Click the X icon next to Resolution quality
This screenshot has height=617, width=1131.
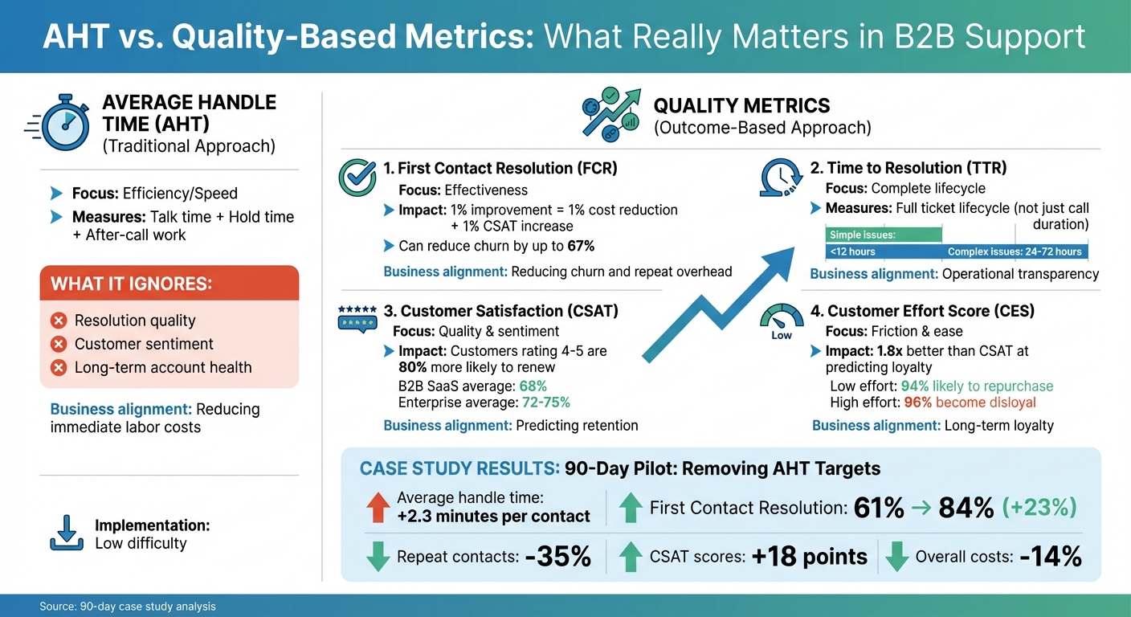click(58, 321)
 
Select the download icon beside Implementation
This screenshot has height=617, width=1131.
click(66, 533)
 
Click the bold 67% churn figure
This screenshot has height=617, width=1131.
click(580, 246)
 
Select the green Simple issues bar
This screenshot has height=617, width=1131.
click(883, 235)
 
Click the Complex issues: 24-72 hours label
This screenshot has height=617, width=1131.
click(1014, 251)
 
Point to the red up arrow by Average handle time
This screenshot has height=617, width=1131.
click(378, 507)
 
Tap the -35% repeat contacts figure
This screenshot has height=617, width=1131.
click(557, 557)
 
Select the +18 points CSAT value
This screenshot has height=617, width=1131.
click(809, 557)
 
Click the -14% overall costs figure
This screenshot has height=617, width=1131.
click(1050, 557)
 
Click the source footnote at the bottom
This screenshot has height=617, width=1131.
click(128, 607)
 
